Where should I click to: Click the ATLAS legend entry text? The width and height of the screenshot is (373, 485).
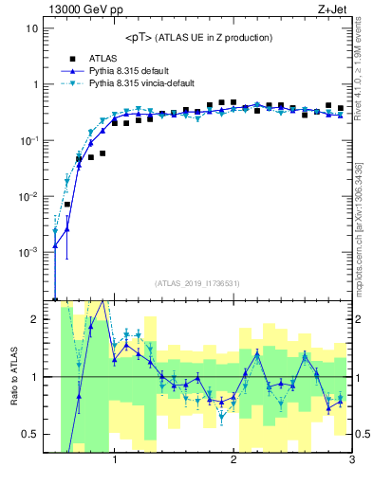click(x=103, y=58)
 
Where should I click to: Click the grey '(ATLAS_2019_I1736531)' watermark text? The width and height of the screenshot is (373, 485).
click(x=197, y=283)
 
